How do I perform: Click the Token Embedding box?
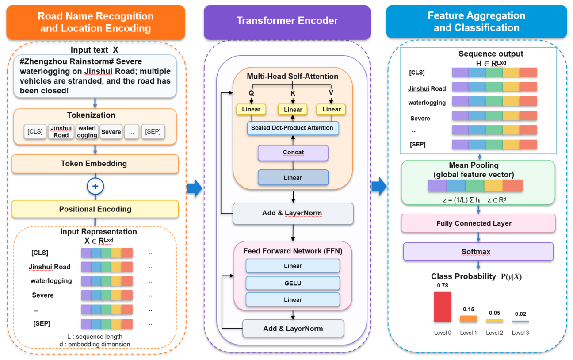click(x=95, y=164)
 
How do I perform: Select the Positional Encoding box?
click(x=95, y=209)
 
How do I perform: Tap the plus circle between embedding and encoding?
click(x=95, y=186)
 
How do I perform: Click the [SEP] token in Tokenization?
click(x=153, y=131)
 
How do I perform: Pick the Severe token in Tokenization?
click(x=111, y=131)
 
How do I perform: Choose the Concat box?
click(x=293, y=153)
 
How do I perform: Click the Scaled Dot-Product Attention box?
click(x=293, y=128)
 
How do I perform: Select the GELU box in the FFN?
click(x=293, y=283)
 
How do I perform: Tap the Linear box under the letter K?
click(x=293, y=110)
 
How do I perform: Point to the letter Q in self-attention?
click(x=252, y=93)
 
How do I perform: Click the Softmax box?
click(x=478, y=252)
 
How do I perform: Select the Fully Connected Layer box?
click(x=478, y=223)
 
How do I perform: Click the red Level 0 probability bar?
click(x=443, y=307)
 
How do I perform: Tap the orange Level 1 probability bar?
click(x=468, y=319)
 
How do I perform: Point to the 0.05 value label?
click(x=494, y=313)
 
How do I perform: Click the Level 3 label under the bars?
click(x=520, y=333)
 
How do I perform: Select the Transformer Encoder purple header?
click(x=287, y=22)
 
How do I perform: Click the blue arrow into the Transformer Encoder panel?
click(x=195, y=188)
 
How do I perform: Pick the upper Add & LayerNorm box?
click(x=293, y=213)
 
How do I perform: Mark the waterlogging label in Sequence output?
click(x=427, y=103)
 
